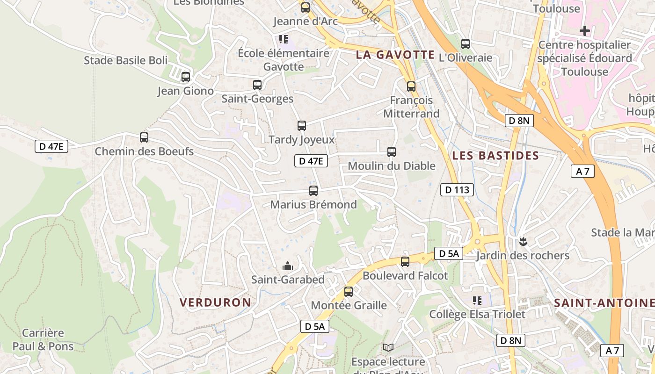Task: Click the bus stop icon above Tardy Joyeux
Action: [x=302, y=125]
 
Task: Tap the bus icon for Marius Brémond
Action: [x=313, y=190]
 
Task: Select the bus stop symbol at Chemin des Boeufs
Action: [x=144, y=137]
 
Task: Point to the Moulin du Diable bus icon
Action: [x=392, y=151]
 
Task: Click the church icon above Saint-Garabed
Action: [x=287, y=266]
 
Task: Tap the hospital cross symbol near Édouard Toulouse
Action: [x=584, y=31]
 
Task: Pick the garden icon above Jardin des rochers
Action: [x=523, y=242]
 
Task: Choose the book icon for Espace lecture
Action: [x=388, y=347]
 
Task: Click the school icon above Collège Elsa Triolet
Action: [x=477, y=300]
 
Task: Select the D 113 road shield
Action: [x=457, y=190]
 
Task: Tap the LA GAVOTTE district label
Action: [x=395, y=55]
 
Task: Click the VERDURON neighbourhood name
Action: [x=216, y=302]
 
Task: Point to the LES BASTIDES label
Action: [x=495, y=156]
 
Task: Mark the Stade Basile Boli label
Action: [x=125, y=60]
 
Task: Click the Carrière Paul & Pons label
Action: [x=43, y=340]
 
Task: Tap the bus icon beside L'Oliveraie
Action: [x=466, y=44]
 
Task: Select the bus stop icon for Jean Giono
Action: [x=186, y=77]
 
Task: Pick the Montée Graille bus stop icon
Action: [x=349, y=292]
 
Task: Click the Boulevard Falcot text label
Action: [x=405, y=276]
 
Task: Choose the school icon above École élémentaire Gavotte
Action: [x=283, y=39]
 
